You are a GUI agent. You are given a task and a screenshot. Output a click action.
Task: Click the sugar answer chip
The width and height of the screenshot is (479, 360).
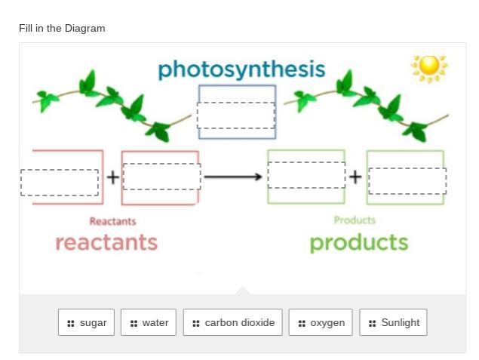coord(86,322)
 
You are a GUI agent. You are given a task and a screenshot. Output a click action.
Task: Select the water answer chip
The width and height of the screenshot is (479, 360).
coord(149,322)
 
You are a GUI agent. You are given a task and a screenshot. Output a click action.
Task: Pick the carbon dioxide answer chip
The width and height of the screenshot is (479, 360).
coord(232,322)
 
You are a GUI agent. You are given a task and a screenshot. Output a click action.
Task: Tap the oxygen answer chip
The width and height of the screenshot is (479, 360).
coord(321,322)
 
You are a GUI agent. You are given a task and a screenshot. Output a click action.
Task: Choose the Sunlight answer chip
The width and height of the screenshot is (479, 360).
coord(393,322)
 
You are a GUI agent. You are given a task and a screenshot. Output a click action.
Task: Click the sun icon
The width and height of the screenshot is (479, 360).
coord(429,67)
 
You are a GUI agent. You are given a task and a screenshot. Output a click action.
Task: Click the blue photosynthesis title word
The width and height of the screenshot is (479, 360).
coord(241,69)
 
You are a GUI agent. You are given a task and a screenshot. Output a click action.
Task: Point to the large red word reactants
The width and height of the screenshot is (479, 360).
coord(106,242)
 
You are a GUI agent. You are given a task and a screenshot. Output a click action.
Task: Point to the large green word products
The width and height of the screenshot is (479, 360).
coord(358,242)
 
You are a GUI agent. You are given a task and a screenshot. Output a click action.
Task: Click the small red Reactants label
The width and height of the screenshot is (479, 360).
coord(112,221)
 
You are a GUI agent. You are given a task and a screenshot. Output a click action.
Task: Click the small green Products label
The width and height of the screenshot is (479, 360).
coord(355,220)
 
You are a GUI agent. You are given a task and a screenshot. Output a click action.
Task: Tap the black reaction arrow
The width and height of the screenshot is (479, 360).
coord(233,177)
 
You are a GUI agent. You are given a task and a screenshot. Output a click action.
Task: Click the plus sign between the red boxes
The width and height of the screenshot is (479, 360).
coord(112,177)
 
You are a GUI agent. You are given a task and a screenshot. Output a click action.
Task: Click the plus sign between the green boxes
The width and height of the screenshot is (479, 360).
coord(355,177)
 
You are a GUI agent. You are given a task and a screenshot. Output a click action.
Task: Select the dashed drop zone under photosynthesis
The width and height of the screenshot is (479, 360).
coord(236,115)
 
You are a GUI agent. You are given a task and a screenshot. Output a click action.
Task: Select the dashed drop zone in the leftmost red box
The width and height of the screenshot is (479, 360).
coord(60,183)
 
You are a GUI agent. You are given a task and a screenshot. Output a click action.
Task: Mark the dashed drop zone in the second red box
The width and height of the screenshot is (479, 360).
coord(161,177)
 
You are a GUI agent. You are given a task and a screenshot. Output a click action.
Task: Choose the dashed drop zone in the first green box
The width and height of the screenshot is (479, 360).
coord(306,175)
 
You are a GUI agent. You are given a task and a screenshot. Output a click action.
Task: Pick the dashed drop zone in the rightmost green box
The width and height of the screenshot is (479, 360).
coord(407,181)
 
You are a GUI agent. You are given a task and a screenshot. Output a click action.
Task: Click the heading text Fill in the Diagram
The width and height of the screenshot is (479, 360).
coord(62,28)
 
